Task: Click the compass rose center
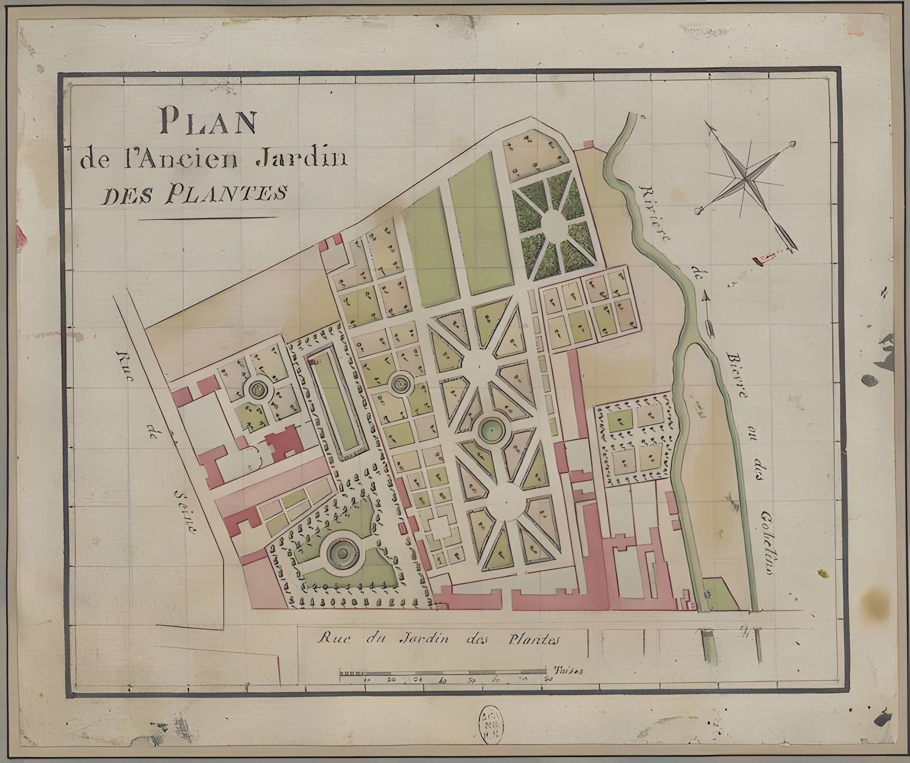point(745,178)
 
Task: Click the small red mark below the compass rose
point(763,259)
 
